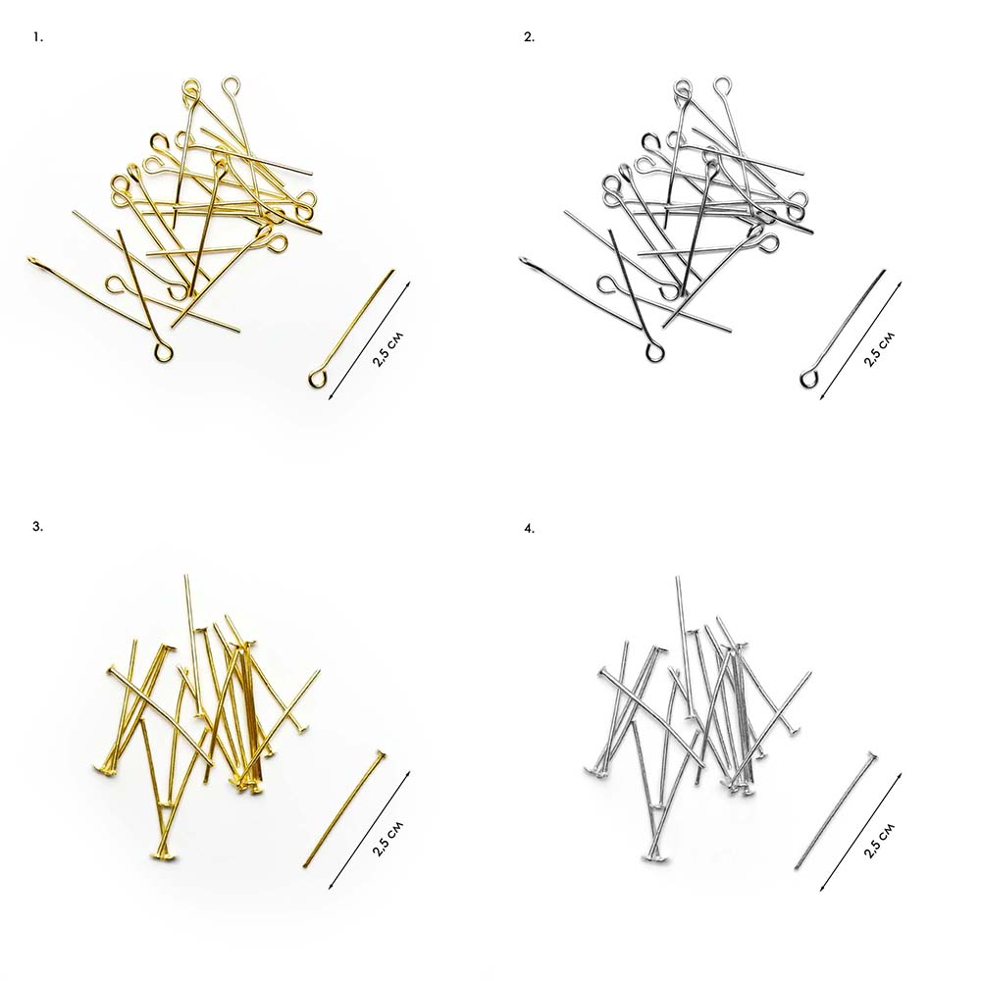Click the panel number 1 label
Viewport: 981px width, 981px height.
pyautogui.click(x=37, y=37)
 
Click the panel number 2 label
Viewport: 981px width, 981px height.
pyautogui.click(x=529, y=37)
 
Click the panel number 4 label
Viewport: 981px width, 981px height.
pyautogui.click(x=530, y=529)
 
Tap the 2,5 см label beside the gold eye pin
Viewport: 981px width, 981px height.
pyautogui.click(x=387, y=349)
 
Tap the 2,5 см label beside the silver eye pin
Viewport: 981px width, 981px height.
pyautogui.click(x=879, y=349)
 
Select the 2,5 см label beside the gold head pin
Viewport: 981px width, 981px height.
pyautogui.click(x=387, y=838)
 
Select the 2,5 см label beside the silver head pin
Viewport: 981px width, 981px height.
pyautogui.click(x=879, y=841)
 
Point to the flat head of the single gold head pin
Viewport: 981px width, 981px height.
pyautogui.click(x=380, y=755)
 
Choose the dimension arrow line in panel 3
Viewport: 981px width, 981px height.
pyautogui.click(x=369, y=830)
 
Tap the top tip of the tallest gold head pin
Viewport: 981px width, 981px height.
pyautogui.click(x=185, y=575)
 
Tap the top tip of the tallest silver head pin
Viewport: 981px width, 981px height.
pyautogui.click(x=677, y=578)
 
